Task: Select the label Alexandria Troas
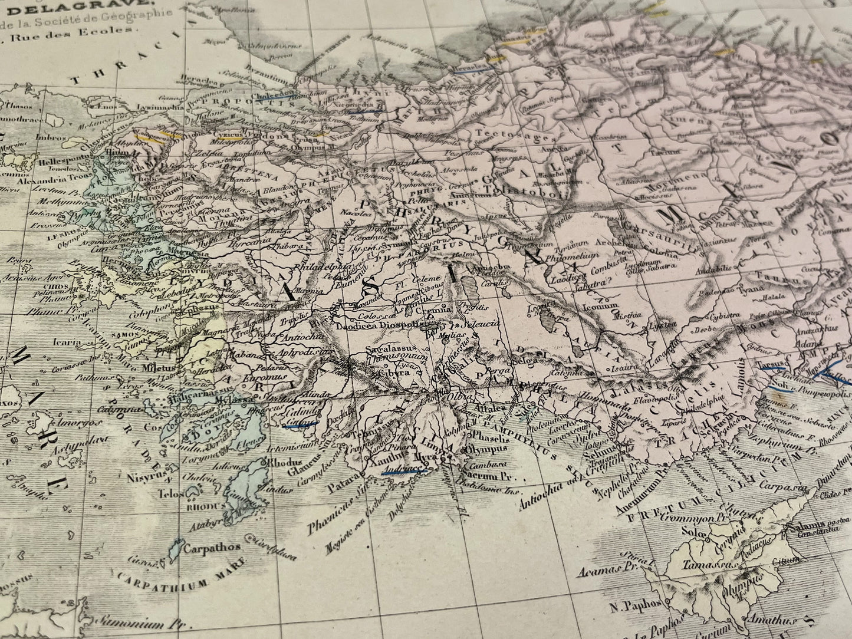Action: (44, 181)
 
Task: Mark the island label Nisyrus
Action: (138, 472)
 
